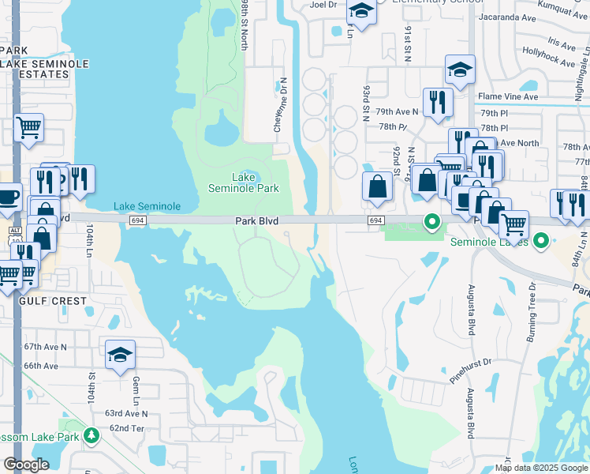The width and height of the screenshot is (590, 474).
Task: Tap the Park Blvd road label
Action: point(257,222)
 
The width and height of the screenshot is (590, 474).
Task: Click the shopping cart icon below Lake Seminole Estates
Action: point(28,126)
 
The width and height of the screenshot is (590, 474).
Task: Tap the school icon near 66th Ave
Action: point(120,355)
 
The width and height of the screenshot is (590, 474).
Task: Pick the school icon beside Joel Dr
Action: point(361,12)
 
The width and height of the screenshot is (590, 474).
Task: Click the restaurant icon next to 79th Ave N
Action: point(435,102)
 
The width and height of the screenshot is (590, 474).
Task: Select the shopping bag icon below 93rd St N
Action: point(378,186)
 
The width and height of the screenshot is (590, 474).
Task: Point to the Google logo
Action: point(26,465)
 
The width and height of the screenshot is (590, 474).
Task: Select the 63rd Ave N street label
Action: point(127,413)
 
